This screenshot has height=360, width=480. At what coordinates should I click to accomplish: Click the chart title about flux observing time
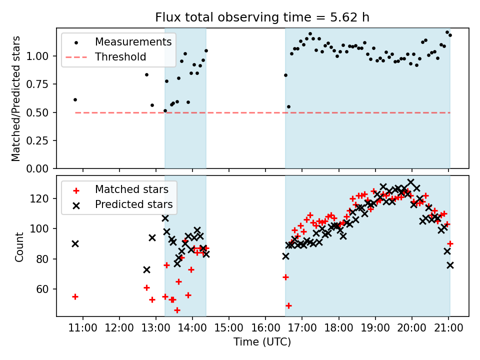262,17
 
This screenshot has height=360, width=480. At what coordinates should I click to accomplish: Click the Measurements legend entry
133,41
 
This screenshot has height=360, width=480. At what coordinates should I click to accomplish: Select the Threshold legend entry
120,56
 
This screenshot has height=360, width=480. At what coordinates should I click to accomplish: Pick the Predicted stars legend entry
133,204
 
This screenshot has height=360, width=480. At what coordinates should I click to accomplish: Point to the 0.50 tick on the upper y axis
42,112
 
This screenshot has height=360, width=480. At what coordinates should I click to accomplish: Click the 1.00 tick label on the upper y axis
42,56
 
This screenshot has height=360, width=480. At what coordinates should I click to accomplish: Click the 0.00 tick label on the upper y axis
42,169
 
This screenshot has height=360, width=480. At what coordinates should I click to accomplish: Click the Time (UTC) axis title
262,342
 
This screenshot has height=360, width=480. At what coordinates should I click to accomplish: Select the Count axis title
19,246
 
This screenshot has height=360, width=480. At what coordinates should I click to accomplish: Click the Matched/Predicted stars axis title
16,98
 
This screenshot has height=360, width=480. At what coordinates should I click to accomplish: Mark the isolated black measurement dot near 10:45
75,99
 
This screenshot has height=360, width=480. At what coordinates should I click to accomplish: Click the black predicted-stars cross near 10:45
75,243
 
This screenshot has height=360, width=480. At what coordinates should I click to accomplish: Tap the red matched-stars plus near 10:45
75,296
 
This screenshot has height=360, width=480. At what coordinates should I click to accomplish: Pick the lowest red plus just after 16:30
288,305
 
